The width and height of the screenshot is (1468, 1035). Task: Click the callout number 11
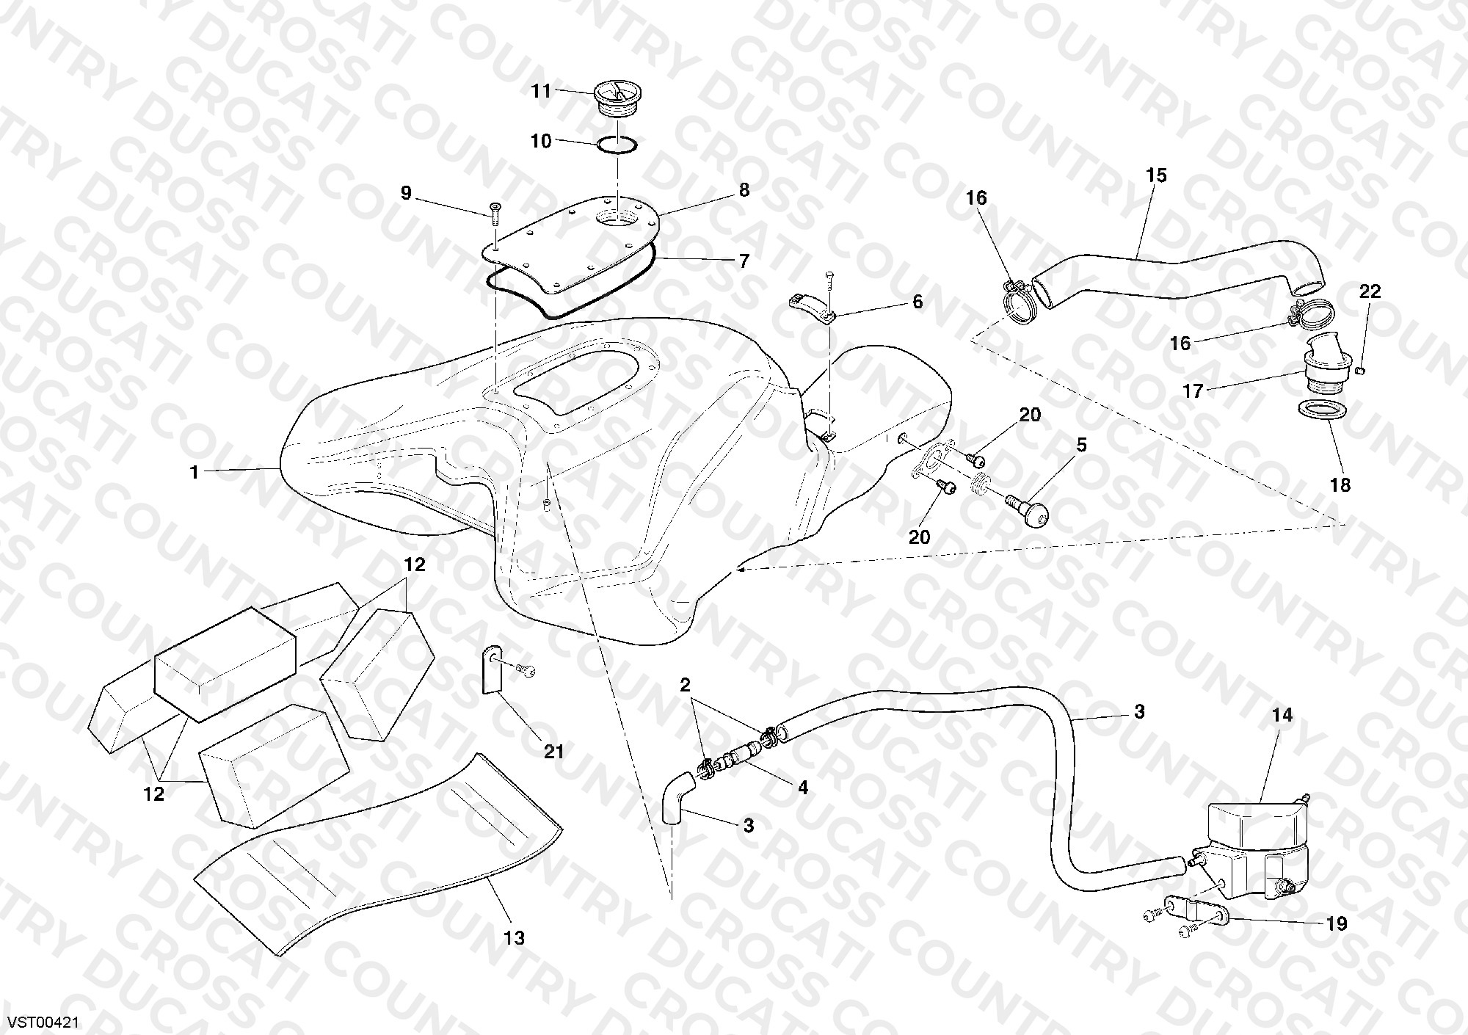click(x=541, y=91)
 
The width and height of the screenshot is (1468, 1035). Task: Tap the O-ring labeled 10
click(x=617, y=145)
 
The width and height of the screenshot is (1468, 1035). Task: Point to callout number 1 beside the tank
click(x=195, y=472)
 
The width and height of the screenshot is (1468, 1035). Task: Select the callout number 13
click(x=515, y=937)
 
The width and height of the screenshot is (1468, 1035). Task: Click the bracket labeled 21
click(x=492, y=669)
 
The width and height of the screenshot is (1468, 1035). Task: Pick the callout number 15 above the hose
click(x=1156, y=175)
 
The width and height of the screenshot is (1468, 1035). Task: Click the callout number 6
click(x=917, y=302)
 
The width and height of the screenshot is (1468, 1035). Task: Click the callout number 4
click(x=803, y=788)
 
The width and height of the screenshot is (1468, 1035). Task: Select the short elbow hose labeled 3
click(x=676, y=797)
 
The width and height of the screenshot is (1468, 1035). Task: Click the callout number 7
click(x=744, y=261)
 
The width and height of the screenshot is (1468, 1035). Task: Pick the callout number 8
click(x=744, y=190)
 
